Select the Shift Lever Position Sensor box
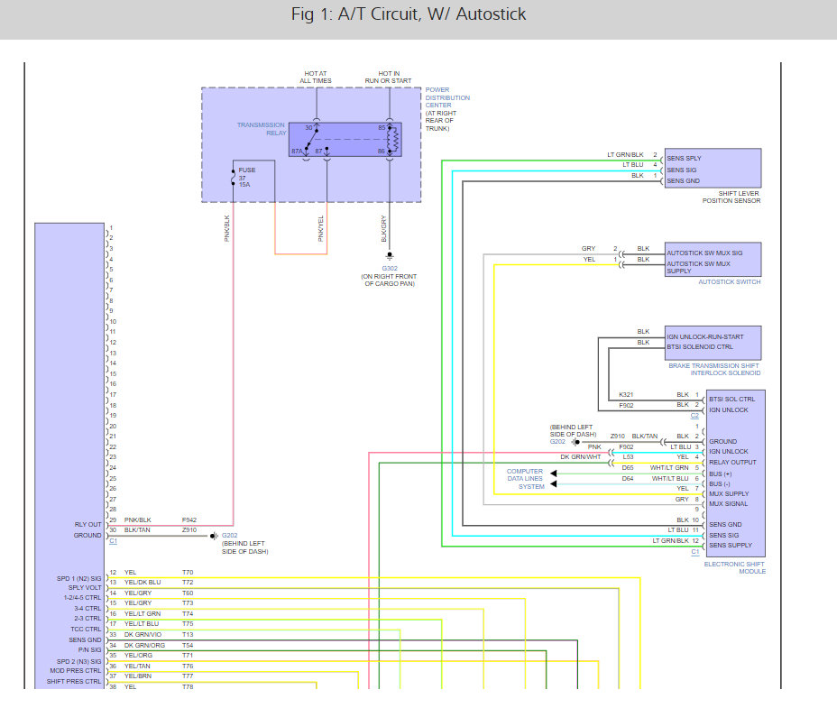713,168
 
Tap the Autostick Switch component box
713,260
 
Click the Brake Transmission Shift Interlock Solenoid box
713,343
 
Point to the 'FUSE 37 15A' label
246,178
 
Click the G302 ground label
390,269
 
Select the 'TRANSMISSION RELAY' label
262,129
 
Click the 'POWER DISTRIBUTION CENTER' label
447,97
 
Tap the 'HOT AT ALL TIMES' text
316,78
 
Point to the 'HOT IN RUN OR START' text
388,78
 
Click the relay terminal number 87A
297,152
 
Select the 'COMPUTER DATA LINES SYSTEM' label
525,479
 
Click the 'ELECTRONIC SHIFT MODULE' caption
734,567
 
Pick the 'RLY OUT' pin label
88,524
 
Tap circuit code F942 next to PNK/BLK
189,520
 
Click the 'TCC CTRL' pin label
86,629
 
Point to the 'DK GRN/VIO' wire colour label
143,634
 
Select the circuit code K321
626,394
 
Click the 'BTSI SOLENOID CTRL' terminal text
700,347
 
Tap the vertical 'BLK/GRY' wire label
384,228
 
